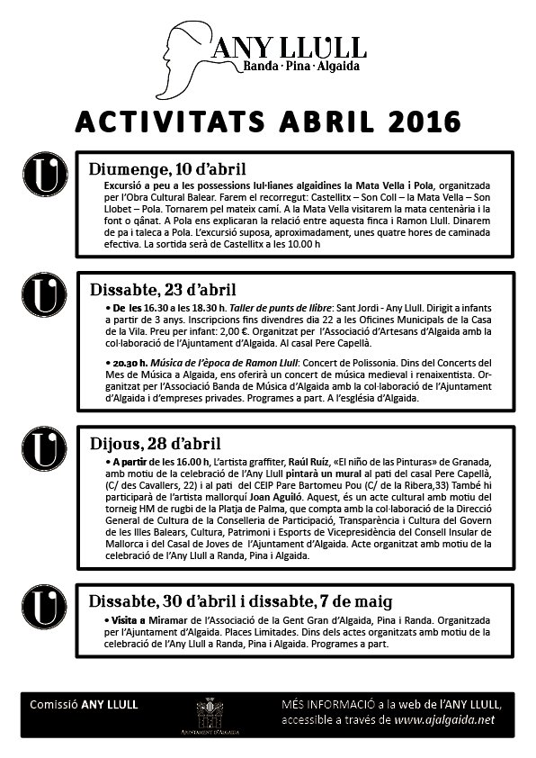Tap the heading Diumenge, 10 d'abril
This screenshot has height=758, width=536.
point(167,168)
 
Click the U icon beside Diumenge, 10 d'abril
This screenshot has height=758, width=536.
point(45,173)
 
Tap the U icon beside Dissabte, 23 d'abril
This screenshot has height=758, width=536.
point(45,294)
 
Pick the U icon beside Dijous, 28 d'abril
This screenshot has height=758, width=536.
point(45,447)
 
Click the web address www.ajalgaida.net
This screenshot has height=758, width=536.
point(445,720)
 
